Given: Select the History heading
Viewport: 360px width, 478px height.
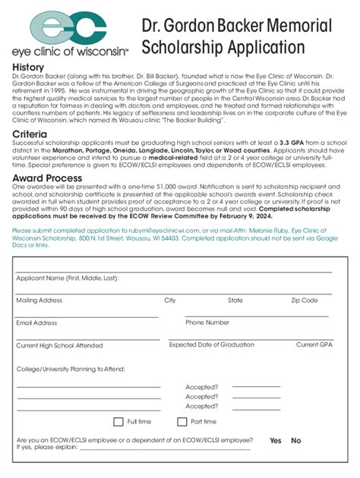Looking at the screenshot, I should pos(28,68).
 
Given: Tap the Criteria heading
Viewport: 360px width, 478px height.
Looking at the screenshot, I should pos(30,134).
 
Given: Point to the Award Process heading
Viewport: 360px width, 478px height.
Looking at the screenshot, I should pos(47,178).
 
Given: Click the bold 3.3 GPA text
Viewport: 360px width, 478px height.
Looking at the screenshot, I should pos(293,143).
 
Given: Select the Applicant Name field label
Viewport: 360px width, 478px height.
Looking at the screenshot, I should pos(67,278).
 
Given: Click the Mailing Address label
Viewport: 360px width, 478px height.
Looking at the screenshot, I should pos(39,300).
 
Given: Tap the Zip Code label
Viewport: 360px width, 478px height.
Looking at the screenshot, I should pos(305,300).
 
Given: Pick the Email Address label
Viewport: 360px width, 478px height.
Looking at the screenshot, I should pos(36,323).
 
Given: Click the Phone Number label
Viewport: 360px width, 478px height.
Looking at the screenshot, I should pos(207,322).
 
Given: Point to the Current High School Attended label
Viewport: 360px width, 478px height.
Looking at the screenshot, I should pos(59,345).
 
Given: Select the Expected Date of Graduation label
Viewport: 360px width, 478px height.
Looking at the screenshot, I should pos(211,344).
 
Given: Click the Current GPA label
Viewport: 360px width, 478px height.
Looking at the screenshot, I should pos(314,344).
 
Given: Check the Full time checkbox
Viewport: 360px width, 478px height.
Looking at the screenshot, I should pos(118,422).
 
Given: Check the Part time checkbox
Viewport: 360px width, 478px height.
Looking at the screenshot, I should pos(182,422).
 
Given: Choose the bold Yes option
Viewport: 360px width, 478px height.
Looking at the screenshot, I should pos(275,441).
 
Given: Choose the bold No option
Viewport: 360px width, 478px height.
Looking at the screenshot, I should pos(296,441).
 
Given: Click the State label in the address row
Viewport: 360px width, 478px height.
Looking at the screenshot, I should pos(235,300).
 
